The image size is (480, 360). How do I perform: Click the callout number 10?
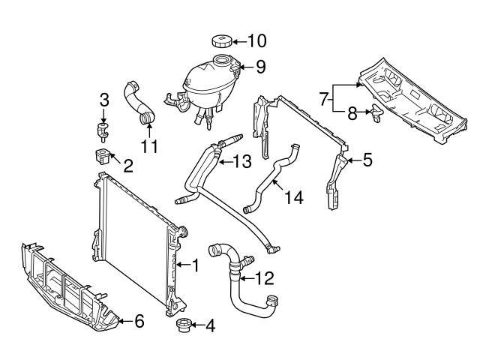[257, 40]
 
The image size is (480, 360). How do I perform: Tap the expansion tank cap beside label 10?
[223, 40]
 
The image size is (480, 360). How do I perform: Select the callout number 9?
[259, 67]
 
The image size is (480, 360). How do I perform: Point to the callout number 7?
[323, 98]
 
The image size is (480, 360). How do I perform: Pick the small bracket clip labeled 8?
[375, 112]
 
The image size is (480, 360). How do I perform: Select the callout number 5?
[367, 160]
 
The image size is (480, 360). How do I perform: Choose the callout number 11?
[150, 145]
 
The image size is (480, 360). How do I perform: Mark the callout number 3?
[104, 100]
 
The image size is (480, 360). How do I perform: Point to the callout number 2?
[127, 166]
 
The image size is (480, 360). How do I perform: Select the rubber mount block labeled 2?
[100, 157]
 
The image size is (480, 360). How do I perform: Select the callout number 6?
[138, 322]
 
